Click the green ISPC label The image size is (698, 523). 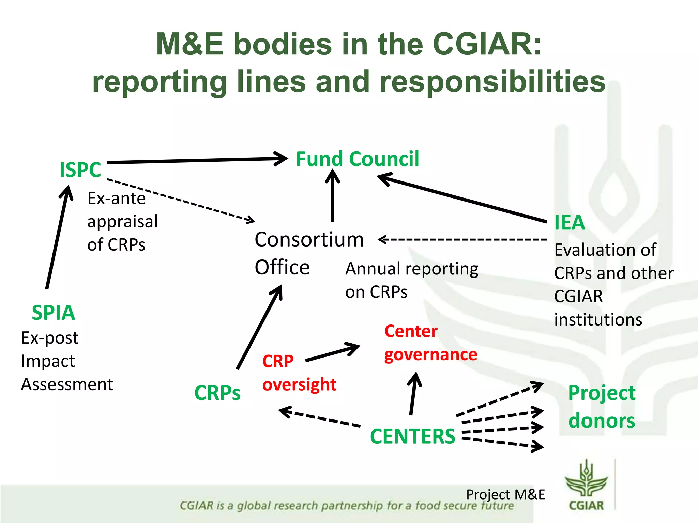tap(80, 170)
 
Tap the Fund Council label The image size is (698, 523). tap(357, 159)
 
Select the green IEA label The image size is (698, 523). tap(569, 223)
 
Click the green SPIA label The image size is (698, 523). tap(54, 313)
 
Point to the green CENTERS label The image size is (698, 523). tap(412, 436)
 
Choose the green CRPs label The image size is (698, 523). tap(217, 393)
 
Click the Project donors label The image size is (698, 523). tap(602, 407)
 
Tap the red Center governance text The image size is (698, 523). tap(430, 343)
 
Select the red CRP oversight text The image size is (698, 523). tap(299, 373)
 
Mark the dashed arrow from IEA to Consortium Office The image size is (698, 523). tap(464, 240)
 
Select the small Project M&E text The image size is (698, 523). tap(505, 494)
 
